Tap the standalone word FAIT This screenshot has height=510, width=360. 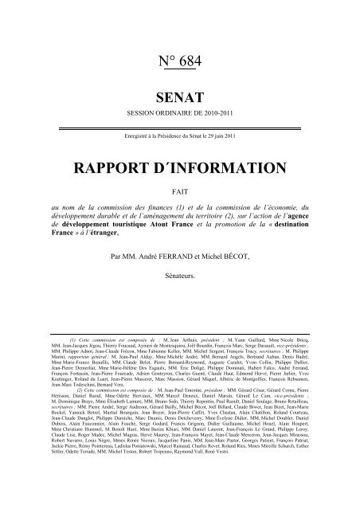click(x=179, y=192)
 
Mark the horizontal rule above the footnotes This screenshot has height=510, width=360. click(x=179, y=331)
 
